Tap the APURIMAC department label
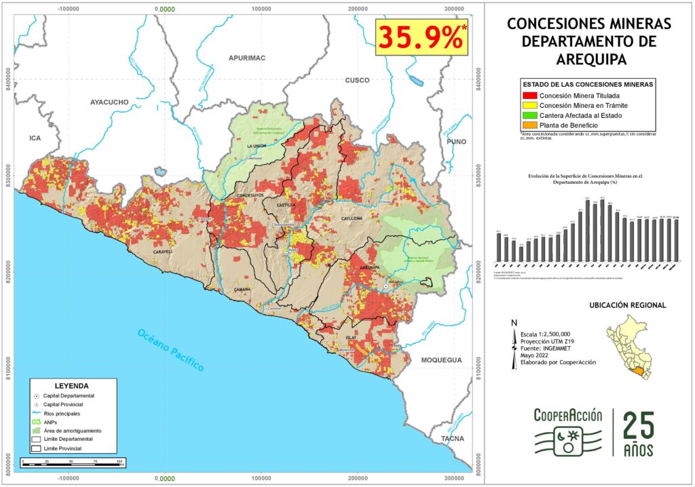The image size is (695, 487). coord(246,58)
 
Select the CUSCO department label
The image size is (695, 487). coord(357,80)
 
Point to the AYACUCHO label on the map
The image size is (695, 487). coord(109,102)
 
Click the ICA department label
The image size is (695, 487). coord(35,138)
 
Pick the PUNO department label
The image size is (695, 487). coord(457,142)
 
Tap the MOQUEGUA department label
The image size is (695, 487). coord(440,360)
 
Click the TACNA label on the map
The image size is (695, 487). coord(453,439)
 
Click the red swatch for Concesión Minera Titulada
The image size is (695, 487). coord(529,96)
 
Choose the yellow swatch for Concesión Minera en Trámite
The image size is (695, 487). coord(529,106)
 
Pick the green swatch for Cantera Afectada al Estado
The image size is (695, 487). coord(529,116)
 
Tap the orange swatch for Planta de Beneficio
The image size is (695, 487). coord(529,125)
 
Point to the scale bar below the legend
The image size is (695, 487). coord(72,462)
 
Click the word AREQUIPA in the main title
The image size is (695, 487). coord(588,59)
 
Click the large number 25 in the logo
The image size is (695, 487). coord(639,427)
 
